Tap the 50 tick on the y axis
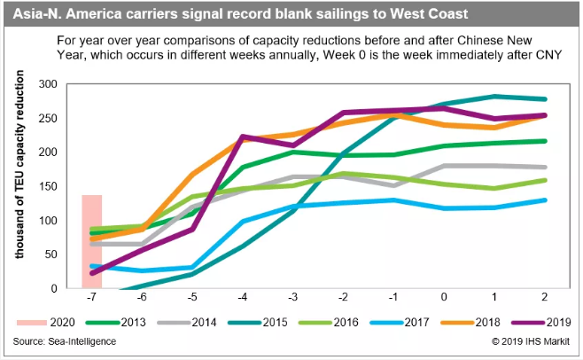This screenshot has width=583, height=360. tap(59, 254)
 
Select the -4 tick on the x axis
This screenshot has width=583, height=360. tap(243, 298)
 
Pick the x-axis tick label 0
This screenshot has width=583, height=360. tap(444, 298)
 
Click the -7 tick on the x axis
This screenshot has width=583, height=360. tap(92, 298)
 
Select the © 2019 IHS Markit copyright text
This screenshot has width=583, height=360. tap(528, 341)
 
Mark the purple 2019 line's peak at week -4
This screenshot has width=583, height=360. tap(243, 137)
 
